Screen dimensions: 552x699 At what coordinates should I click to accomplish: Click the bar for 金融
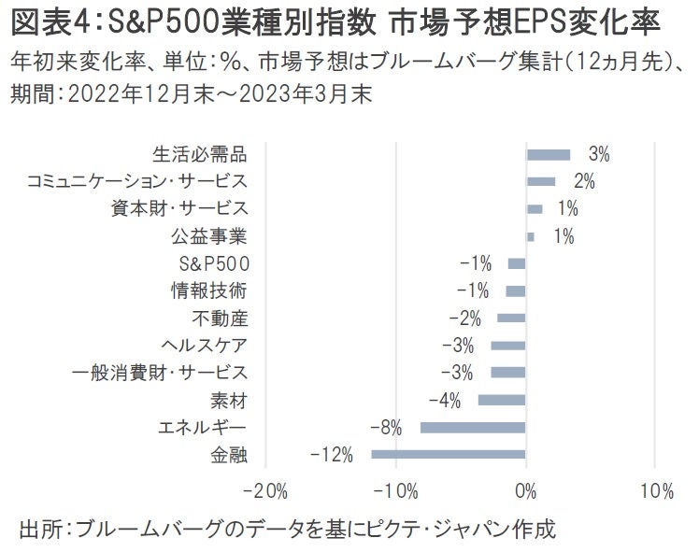449,455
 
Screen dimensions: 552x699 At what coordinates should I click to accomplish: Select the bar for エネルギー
474,428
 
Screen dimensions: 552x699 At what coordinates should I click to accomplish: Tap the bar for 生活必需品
549,154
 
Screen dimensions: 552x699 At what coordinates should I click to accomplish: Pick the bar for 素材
502,401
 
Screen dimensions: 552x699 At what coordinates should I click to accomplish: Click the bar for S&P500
517,263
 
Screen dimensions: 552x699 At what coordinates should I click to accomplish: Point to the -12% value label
333,455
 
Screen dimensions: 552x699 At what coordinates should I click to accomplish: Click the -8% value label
385,428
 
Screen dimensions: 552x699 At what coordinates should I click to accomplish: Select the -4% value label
444,401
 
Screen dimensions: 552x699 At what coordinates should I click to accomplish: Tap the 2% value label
584,181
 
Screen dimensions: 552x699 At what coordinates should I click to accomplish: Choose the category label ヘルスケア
205,346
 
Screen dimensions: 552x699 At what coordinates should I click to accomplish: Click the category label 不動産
220,318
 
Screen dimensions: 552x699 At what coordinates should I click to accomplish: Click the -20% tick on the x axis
269,491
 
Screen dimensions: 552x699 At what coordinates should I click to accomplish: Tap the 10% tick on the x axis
656,491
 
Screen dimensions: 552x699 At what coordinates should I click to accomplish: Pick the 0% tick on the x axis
526,491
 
